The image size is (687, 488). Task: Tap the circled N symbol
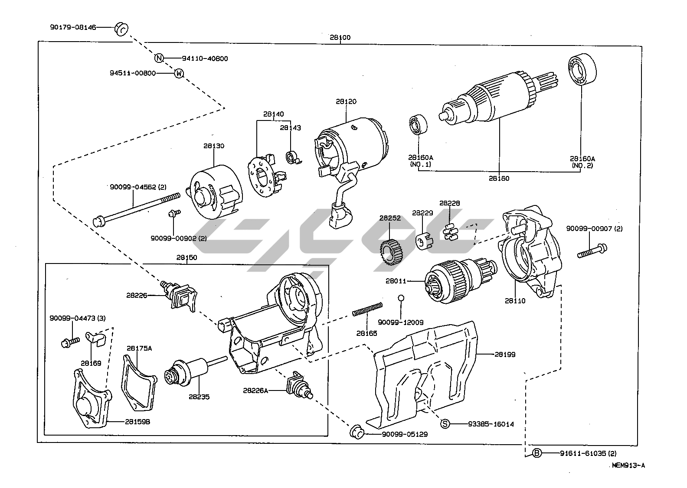(159, 58)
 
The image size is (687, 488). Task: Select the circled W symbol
(179, 74)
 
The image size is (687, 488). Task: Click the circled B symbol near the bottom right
(537, 453)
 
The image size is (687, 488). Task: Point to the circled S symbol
(445, 423)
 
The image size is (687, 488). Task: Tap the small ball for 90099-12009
(401, 298)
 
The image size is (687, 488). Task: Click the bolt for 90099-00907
(592, 251)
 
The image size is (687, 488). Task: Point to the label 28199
(505, 354)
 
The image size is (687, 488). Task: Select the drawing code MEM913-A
(628, 465)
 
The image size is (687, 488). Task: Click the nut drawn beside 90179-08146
(121, 29)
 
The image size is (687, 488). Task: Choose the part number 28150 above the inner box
(186, 257)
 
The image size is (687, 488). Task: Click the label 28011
(395, 281)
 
